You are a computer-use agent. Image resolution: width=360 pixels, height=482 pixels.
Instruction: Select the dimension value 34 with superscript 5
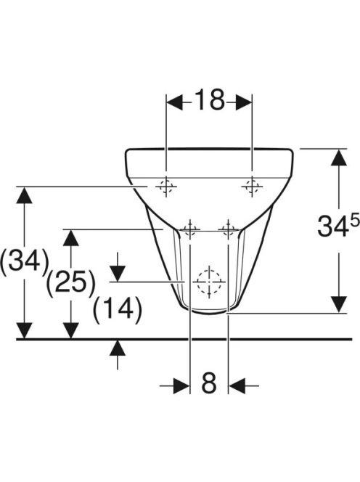[338, 226]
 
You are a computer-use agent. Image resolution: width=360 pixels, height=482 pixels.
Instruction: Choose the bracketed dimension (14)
[118, 309]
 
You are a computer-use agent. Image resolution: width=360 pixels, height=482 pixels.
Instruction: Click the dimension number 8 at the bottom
[209, 383]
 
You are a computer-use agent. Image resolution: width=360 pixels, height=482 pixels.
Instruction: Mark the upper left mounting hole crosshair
[166, 187]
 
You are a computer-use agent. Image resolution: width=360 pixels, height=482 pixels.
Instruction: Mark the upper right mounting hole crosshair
[252, 187]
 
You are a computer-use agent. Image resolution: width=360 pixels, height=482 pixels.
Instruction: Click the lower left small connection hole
[190, 229]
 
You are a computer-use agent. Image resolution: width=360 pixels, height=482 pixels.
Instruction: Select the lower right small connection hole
[228, 229]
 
